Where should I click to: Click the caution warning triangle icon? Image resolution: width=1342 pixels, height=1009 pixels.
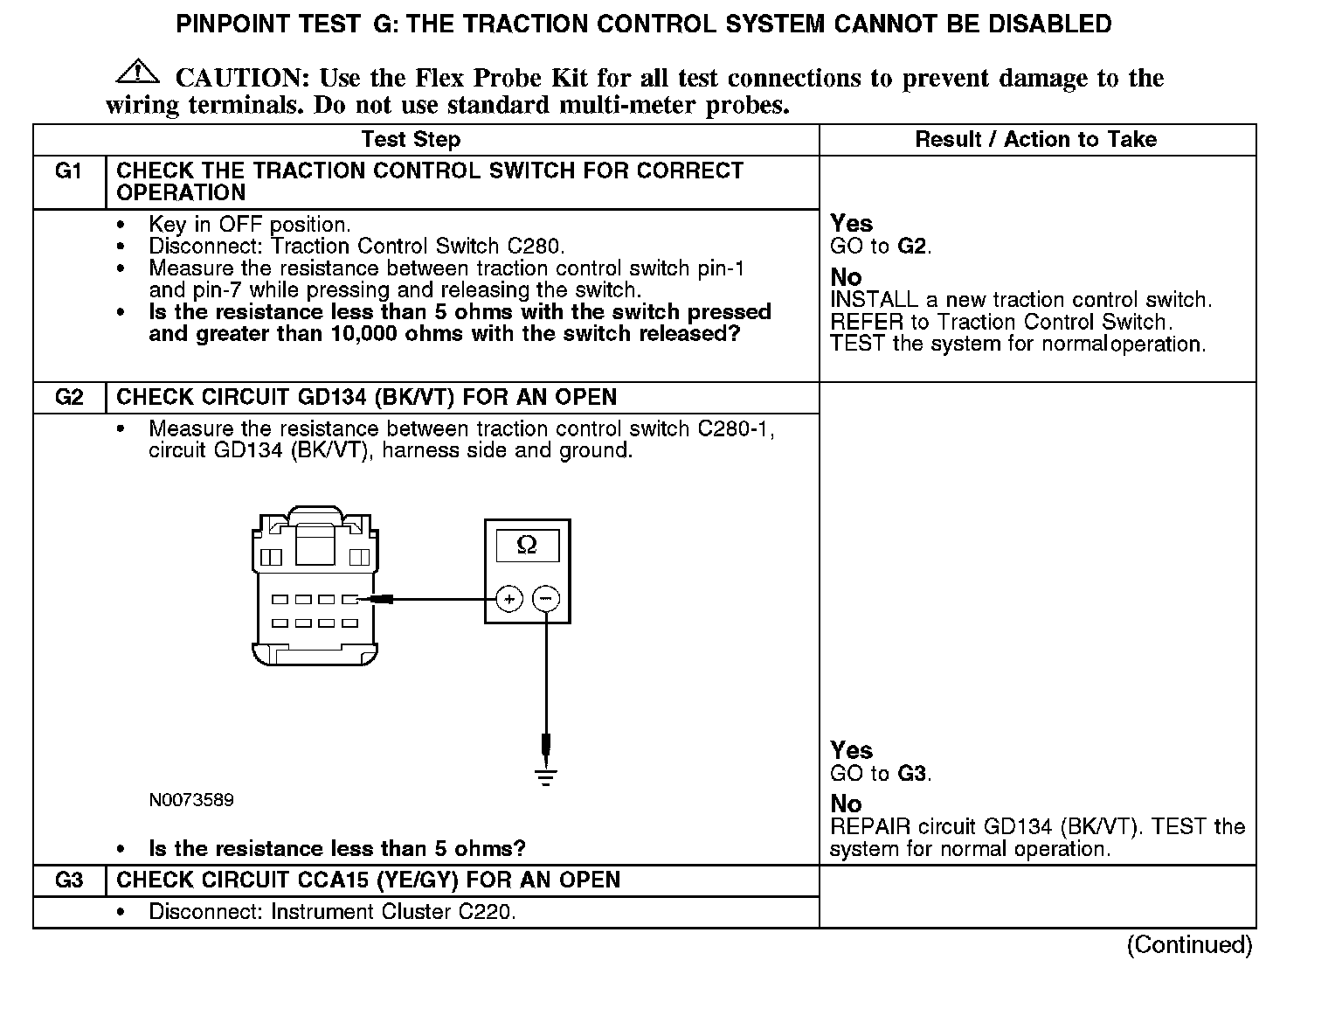click(137, 72)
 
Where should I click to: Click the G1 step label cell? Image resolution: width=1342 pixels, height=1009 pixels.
click(69, 171)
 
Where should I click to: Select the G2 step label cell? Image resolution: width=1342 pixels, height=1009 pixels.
click(69, 398)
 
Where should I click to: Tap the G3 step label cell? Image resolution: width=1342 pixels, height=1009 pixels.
click(69, 880)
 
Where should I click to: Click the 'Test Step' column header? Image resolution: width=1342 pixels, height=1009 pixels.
click(411, 140)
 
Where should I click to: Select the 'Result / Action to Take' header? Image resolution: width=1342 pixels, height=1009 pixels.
click(1035, 140)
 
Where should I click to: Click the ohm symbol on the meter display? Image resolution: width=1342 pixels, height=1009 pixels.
click(527, 546)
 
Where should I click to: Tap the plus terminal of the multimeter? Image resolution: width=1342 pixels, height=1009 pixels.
click(508, 599)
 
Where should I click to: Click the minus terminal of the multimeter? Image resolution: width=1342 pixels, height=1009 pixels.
click(546, 599)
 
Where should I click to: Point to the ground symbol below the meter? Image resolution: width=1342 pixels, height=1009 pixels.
click(546, 776)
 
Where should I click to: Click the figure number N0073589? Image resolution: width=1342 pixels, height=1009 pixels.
click(191, 800)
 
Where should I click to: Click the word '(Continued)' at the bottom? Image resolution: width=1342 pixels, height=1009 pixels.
click(1189, 945)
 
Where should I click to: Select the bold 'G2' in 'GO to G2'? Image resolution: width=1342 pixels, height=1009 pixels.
click(911, 247)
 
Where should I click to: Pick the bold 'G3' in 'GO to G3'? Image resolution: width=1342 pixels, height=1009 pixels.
click(911, 774)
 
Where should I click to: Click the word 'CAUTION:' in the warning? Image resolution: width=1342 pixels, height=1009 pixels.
click(243, 79)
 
